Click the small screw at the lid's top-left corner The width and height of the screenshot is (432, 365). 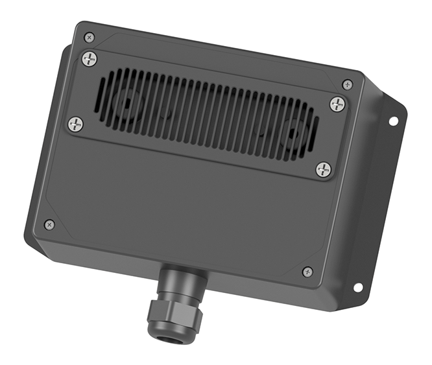pyautogui.click(x=90, y=37)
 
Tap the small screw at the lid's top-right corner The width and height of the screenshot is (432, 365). pyautogui.click(x=348, y=84)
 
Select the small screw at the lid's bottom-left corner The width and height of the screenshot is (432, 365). pyautogui.click(x=49, y=224)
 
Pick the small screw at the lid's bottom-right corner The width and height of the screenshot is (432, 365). pyautogui.click(x=307, y=272)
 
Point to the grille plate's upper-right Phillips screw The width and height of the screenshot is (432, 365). pyautogui.click(x=337, y=103)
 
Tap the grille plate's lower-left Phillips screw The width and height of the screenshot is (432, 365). pyautogui.click(x=76, y=123)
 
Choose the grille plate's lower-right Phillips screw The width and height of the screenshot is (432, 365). pyautogui.click(x=323, y=170)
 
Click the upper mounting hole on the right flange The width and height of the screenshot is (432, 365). pyautogui.click(x=393, y=121)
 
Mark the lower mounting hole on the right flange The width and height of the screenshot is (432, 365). pyautogui.click(x=357, y=287)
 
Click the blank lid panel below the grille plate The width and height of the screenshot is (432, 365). pyautogui.click(x=188, y=207)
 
